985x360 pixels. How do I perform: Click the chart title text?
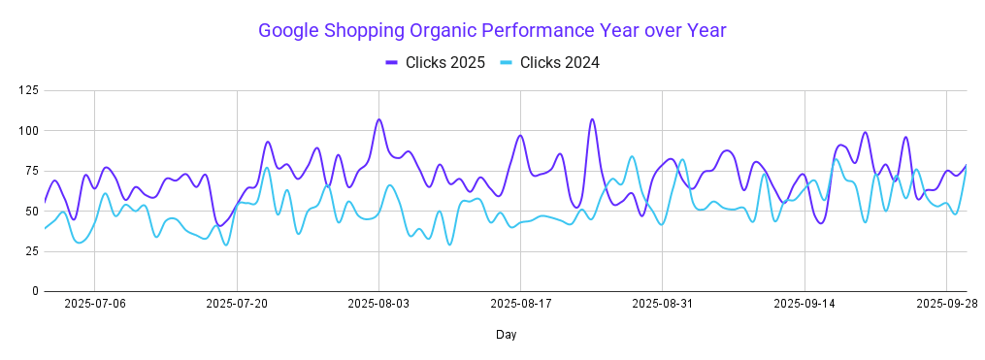tap(492, 31)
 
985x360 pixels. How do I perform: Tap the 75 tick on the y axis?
tap(31, 171)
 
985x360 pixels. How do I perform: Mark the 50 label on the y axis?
tap(31, 211)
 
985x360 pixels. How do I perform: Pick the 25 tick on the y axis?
tap(31, 251)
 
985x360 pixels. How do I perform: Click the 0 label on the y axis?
tap(35, 291)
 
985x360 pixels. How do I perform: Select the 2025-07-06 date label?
tap(94, 304)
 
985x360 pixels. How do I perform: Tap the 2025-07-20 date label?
tap(237, 304)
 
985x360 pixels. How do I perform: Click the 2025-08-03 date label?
tap(378, 304)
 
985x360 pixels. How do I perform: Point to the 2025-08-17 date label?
tap(521, 304)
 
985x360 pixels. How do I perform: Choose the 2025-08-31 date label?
tap(663, 304)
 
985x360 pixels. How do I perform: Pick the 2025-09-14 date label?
tap(804, 304)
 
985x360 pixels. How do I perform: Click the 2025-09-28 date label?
tap(946, 304)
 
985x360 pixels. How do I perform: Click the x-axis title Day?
tap(506, 335)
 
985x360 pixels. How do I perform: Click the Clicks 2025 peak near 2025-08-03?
tap(378, 119)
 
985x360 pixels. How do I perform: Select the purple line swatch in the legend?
tap(392, 63)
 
